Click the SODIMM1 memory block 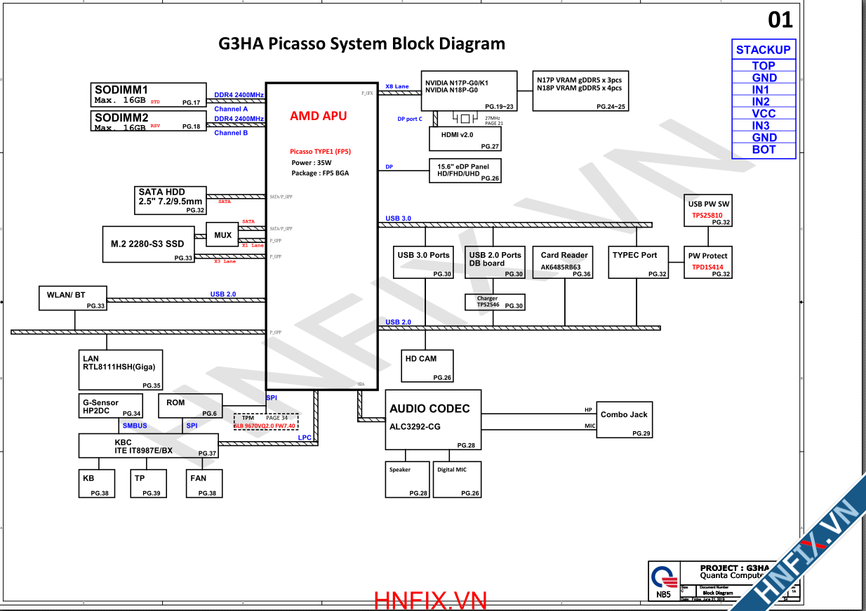[149, 95]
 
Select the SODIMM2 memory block [149, 121]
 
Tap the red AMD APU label [318, 116]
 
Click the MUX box [223, 235]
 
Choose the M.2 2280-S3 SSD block [149, 244]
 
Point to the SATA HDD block [171, 200]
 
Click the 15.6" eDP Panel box [465, 171]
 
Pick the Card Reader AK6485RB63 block [564, 262]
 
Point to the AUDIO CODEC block [433, 419]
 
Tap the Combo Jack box [624, 419]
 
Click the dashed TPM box [266, 421]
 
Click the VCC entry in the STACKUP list [764, 114]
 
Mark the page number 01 [780, 20]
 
